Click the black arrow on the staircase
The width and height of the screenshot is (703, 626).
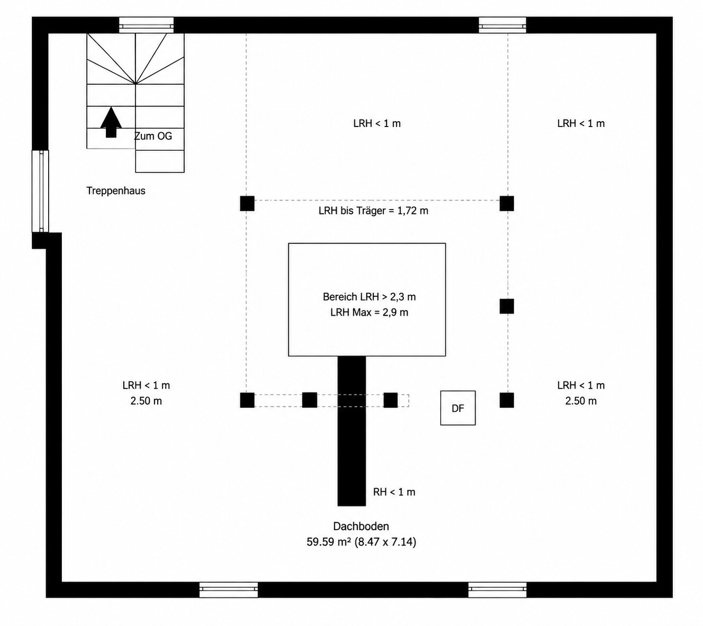[x=111, y=122]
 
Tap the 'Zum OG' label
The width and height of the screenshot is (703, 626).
[x=153, y=136]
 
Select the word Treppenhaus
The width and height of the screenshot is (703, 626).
[x=116, y=190]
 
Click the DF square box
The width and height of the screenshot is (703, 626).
[x=458, y=408]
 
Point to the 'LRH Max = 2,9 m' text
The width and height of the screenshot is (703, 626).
[x=369, y=313]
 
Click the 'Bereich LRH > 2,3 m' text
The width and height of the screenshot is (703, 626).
[x=369, y=297]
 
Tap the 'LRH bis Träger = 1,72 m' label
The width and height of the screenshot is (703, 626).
[x=373, y=211]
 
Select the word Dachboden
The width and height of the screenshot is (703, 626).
[x=361, y=527]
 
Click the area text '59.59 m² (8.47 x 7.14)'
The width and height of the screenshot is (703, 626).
[x=361, y=542]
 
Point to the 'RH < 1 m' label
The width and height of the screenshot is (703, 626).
[x=394, y=492]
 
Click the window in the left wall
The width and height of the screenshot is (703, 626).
[x=41, y=191]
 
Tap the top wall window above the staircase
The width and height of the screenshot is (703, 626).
[x=147, y=25]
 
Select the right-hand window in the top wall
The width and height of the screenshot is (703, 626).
[x=503, y=25]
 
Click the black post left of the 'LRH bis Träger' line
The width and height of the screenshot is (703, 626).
[x=247, y=203]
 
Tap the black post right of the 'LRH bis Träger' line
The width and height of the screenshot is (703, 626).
[x=507, y=203]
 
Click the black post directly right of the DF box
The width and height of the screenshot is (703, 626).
[x=507, y=400]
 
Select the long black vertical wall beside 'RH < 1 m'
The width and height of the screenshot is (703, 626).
[x=351, y=431]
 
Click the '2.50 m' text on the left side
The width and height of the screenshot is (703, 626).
[x=146, y=401]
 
